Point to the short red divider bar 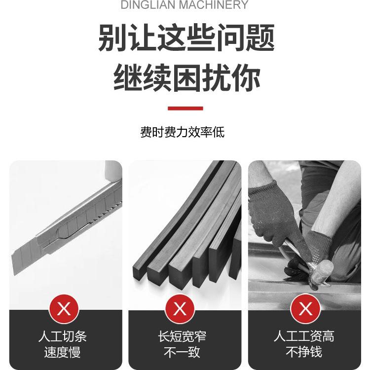(185, 108)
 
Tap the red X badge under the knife (64, 310)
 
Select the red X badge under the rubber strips (180, 310)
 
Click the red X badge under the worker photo (306, 310)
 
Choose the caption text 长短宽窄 (182, 336)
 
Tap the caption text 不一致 (182, 352)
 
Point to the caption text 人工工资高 (304, 336)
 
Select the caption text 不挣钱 (304, 352)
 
